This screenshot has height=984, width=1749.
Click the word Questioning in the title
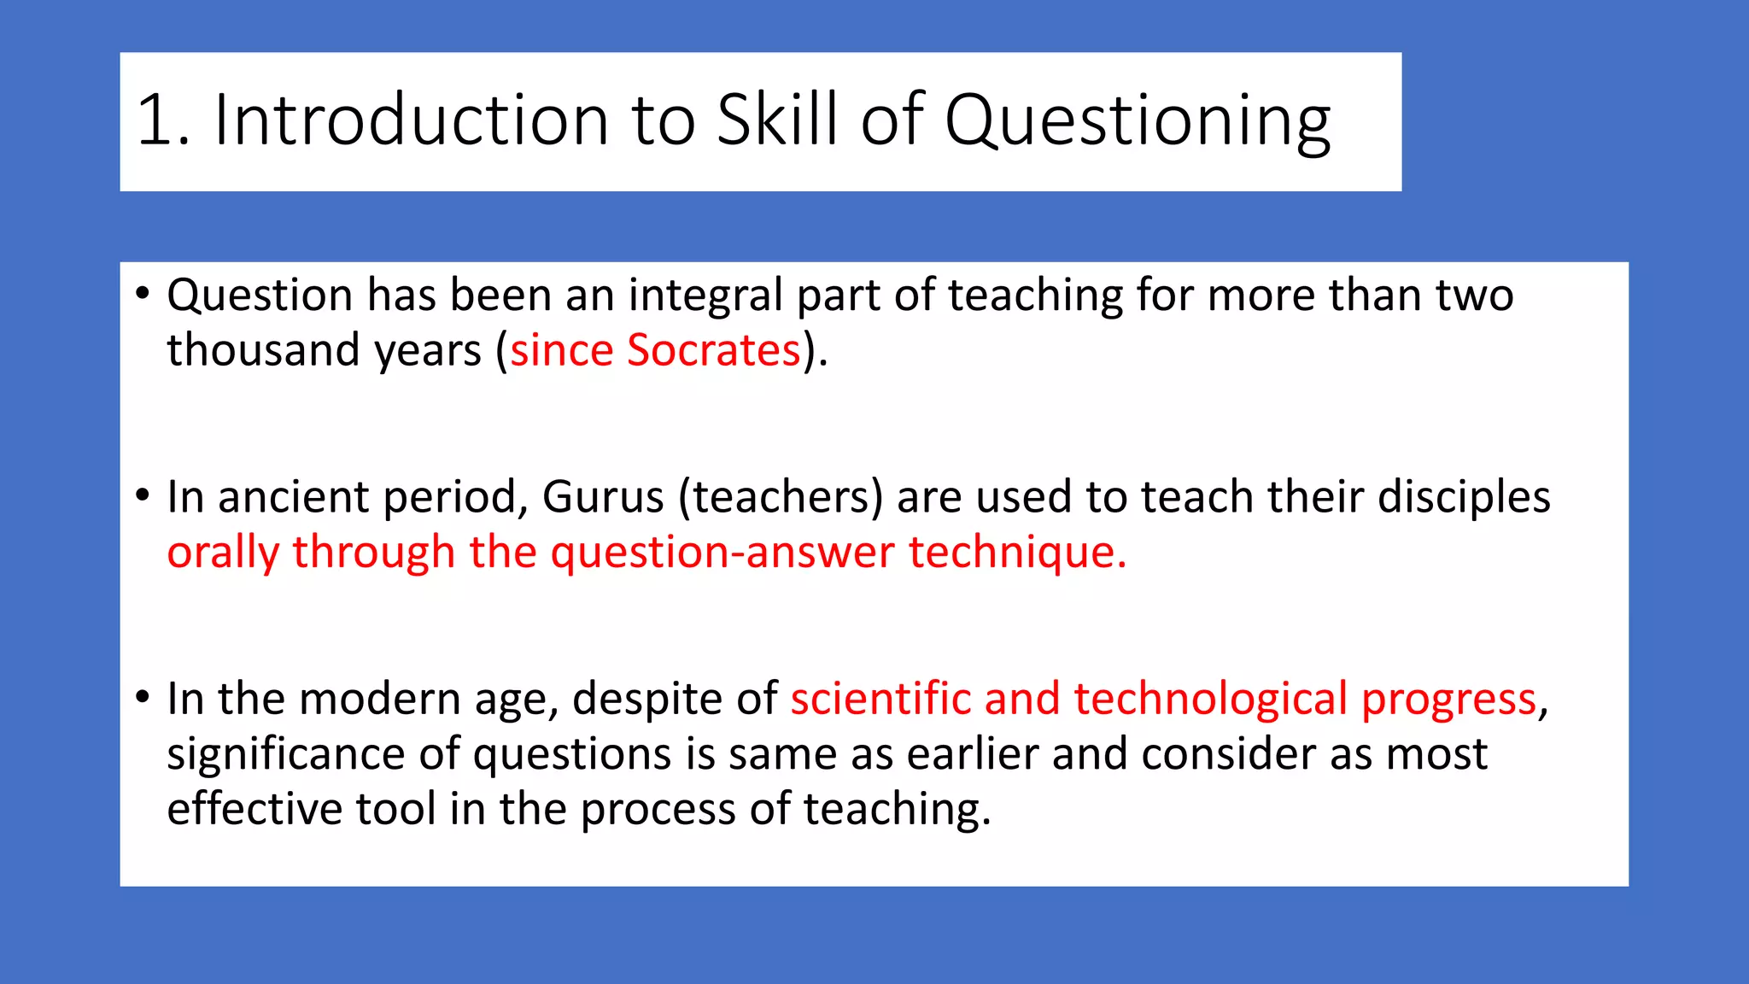(x=1137, y=120)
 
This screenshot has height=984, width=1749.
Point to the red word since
(x=562, y=350)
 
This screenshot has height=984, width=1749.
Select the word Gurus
(x=603, y=497)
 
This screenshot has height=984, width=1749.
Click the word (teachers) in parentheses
(x=781, y=497)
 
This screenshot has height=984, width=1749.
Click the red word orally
(x=223, y=553)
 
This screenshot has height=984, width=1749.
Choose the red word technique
(x=1017, y=553)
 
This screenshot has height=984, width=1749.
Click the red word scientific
(x=880, y=699)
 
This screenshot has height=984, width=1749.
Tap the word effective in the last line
(x=254, y=809)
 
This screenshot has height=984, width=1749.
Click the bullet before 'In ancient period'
(x=143, y=496)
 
